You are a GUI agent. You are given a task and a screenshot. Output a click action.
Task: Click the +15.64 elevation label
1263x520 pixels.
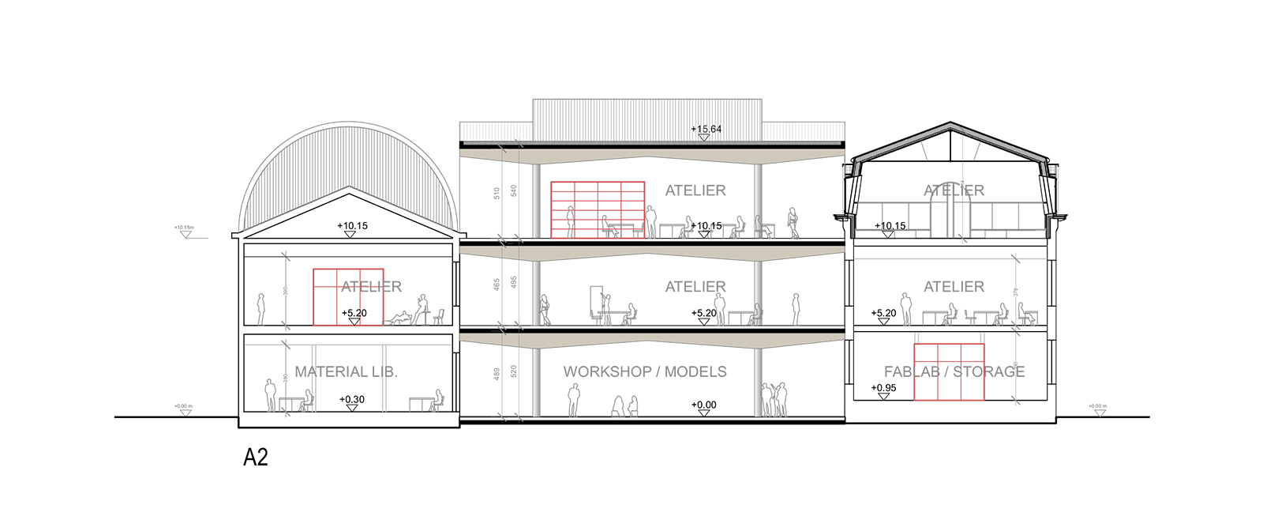[706, 129]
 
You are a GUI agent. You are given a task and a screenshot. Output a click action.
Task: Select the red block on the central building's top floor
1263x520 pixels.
[600, 202]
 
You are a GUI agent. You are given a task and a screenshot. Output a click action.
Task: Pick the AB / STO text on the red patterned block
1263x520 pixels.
[951, 371]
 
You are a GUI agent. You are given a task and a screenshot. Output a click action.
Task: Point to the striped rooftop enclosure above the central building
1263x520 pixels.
[648, 119]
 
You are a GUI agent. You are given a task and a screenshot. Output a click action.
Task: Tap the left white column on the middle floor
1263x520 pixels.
[536, 292]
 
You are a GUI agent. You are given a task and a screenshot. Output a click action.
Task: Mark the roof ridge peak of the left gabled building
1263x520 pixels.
[348, 187]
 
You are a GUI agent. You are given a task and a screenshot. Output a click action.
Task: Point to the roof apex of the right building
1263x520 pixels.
[950, 125]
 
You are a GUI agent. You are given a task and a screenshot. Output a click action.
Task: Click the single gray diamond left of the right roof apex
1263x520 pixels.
[924, 149]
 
